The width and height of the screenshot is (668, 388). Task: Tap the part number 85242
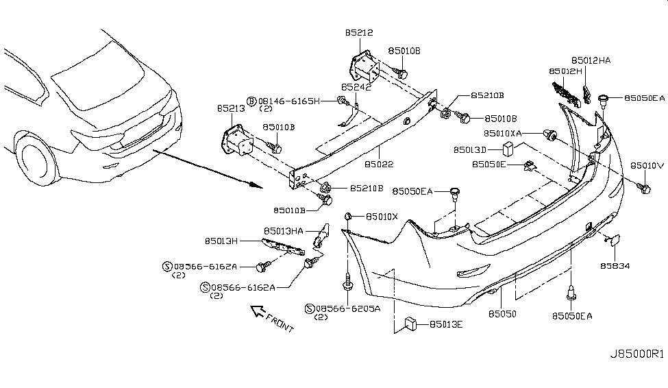coord(357,88)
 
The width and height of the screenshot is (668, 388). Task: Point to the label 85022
coord(379,165)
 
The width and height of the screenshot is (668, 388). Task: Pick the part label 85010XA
coord(503,133)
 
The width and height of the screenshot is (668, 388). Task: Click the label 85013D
coord(469,149)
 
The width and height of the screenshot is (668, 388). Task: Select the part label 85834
coord(615,265)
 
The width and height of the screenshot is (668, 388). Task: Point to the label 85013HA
coord(283,231)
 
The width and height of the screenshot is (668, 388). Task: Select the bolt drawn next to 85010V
coord(643,187)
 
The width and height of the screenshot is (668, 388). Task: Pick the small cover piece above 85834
coord(612,240)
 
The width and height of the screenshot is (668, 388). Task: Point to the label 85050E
coord(488,165)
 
